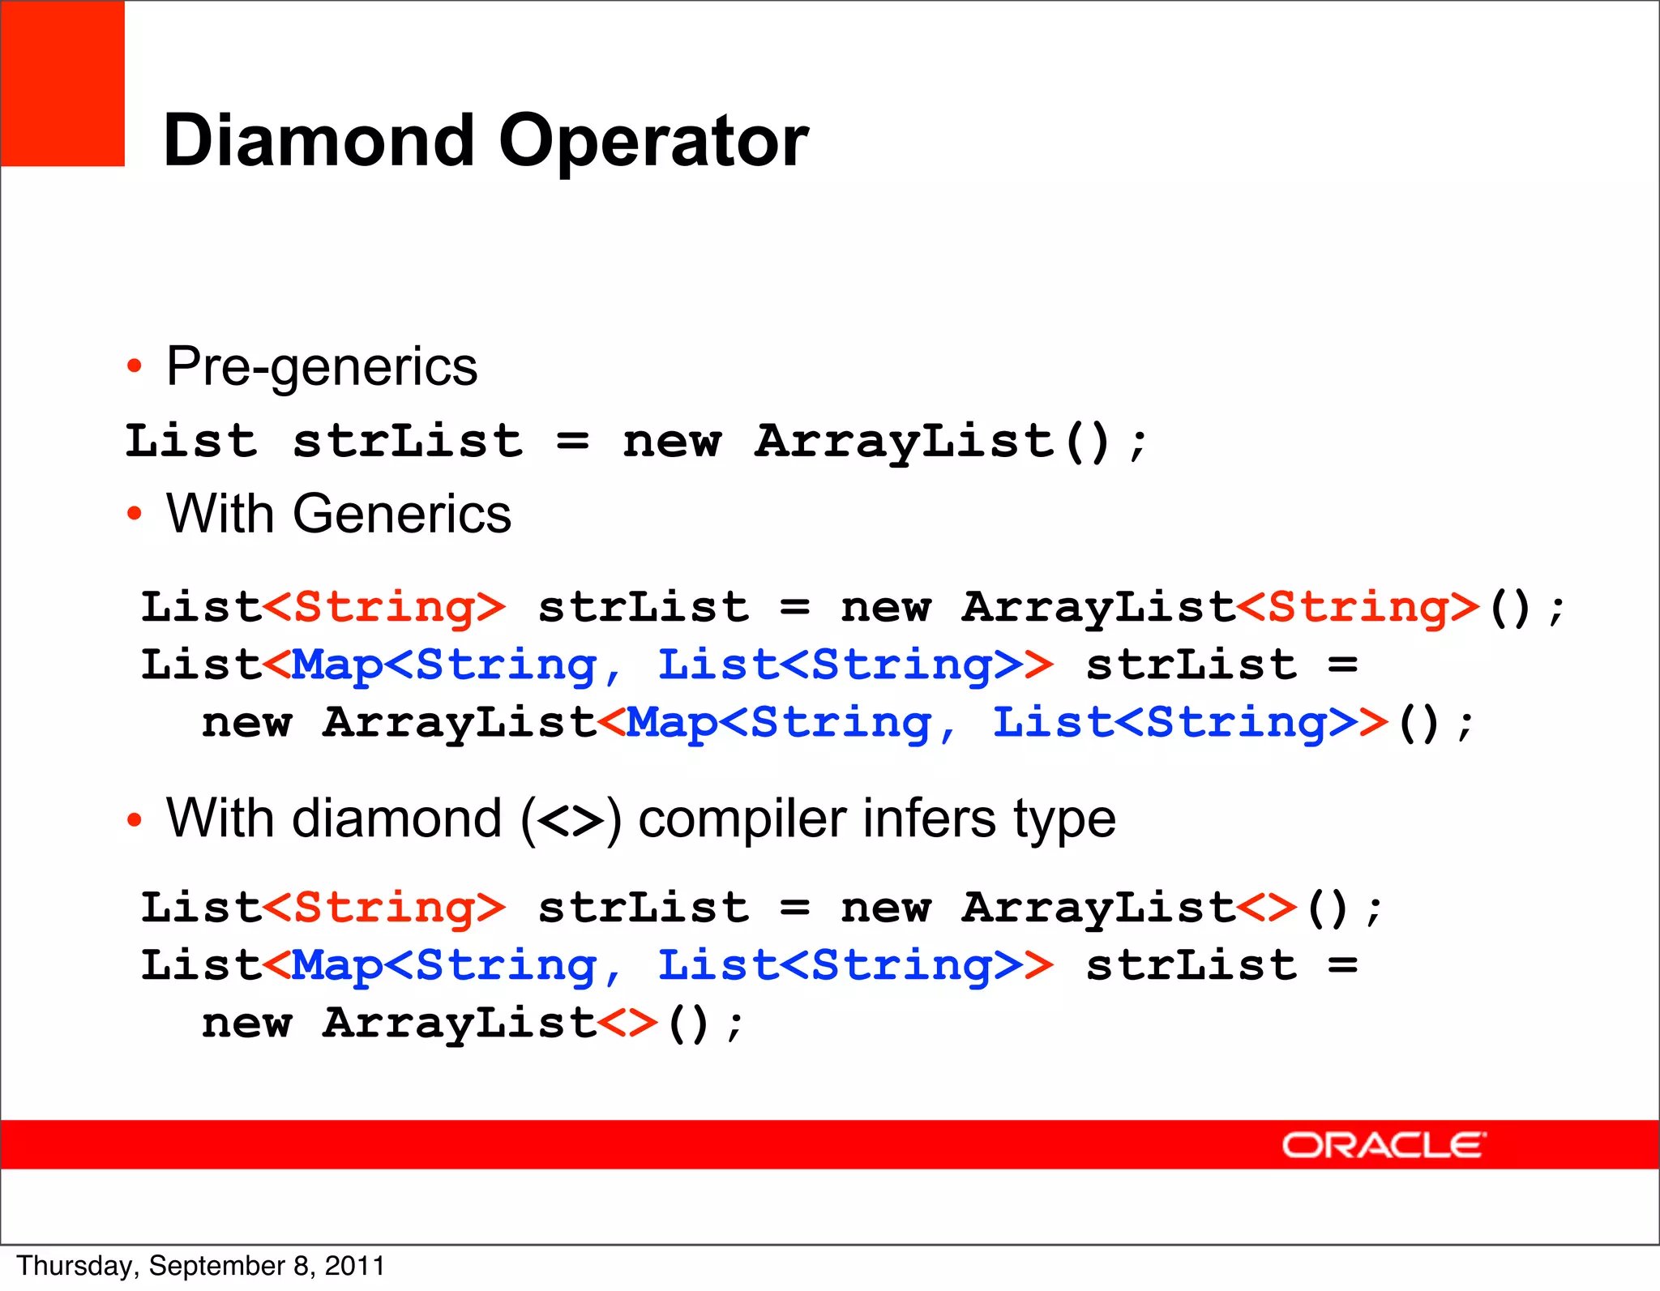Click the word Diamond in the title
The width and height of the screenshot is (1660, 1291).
coord(319,140)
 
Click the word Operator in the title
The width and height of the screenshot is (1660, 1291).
coord(653,142)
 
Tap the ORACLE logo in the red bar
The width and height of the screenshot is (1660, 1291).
coord(1383,1145)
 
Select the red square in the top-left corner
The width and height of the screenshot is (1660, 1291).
coord(62,83)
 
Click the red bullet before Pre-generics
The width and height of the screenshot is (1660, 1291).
coord(135,366)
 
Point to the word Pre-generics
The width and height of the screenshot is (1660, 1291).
coord(322,367)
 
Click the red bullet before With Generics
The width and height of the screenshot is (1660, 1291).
coord(135,514)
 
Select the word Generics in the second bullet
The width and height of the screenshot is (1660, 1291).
coord(402,514)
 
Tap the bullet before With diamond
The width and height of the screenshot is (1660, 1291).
coord(135,819)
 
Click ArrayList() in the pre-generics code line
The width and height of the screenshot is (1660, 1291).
coord(932,442)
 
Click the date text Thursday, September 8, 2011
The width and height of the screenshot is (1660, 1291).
coord(200,1266)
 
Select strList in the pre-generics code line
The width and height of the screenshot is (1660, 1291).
coord(407,442)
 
